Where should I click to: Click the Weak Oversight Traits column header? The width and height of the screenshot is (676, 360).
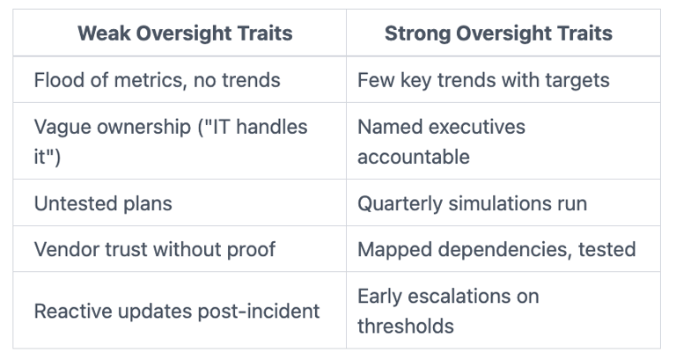185,33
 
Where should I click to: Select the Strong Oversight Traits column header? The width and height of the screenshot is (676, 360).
498,33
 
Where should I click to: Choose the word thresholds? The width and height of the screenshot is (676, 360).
406,327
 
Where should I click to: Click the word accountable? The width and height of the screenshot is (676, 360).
414,157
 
